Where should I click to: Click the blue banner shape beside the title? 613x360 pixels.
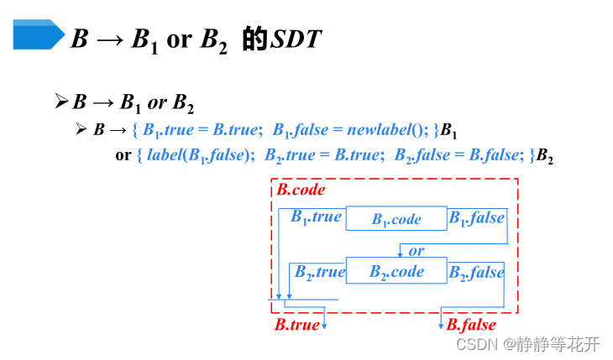point(38,34)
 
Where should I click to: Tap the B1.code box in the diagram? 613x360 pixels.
point(396,219)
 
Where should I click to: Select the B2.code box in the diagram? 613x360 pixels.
point(396,271)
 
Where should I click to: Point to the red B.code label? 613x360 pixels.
point(301,190)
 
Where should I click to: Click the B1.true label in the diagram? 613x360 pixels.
point(317,217)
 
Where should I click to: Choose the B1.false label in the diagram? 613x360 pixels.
point(476,218)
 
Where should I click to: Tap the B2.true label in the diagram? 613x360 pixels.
point(319,272)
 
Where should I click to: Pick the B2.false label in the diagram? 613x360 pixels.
point(476,272)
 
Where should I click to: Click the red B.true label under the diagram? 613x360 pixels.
point(296,325)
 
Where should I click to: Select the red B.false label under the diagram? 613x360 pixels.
point(471,325)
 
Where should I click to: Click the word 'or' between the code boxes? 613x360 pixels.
point(417,250)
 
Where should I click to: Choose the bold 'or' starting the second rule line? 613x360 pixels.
point(123,155)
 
